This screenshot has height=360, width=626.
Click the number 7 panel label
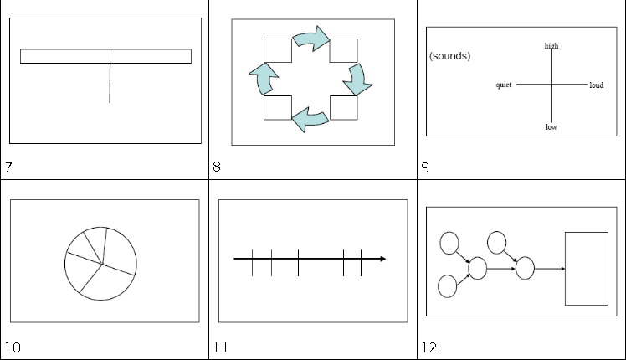tap(8, 167)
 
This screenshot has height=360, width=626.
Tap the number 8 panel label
tap(217, 167)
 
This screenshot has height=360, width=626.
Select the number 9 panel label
tap(426, 167)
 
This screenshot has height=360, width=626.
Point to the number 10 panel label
tap(13, 347)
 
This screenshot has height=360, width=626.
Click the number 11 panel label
tap(221, 347)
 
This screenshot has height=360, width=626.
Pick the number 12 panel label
tap(429, 347)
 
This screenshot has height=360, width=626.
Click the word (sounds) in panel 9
tap(450, 56)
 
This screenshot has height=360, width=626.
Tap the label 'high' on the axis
tap(552, 46)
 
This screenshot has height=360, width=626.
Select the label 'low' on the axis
tap(552, 127)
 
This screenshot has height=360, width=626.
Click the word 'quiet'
tap(504, 85)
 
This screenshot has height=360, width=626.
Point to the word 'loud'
tap(597, 85)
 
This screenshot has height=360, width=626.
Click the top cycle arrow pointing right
tap(311, 39)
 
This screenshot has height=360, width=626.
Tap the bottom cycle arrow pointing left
tap(310, 120)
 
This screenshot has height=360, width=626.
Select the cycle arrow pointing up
tap(264, 79)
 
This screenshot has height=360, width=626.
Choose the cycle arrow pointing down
tap(357, 80)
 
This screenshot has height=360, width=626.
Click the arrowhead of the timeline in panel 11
tap(383, 259)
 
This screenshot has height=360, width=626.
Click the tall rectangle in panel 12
tap(587, 269)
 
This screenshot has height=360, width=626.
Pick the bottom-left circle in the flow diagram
tap(448, 286)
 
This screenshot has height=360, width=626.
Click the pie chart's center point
tap(103, 264)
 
